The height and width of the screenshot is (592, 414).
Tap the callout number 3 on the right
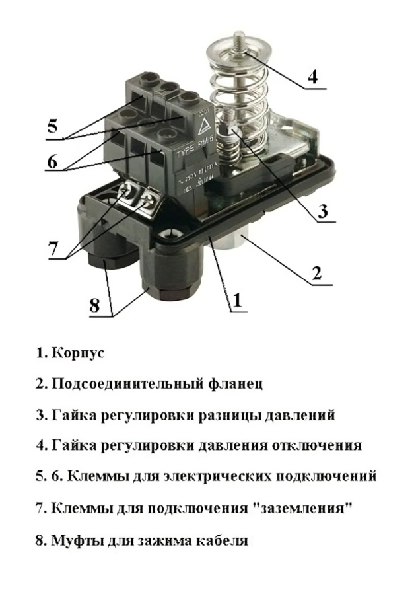322,212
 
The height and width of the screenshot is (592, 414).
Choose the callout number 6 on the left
52,161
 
